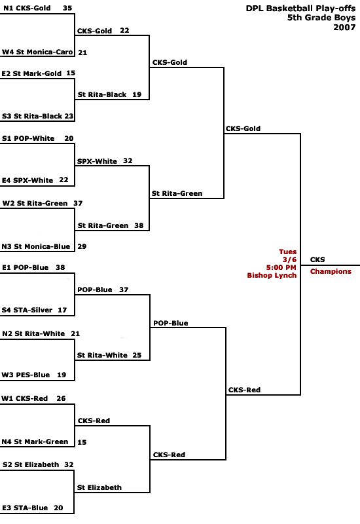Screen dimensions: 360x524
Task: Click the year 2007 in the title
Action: (344, 27)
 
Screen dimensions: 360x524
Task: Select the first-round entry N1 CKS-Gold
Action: (27, 8)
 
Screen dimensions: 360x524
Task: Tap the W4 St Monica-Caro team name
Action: (37, 52)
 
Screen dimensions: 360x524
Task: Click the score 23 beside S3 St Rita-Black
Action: (69, 116)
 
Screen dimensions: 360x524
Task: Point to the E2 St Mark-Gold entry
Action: (31, 73)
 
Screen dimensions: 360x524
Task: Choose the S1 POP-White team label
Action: (28, 138)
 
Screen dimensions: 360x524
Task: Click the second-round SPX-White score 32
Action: (128, 160)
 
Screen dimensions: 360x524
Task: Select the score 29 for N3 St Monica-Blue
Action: (82, 246)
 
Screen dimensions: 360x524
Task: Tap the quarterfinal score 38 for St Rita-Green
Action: (139, 225)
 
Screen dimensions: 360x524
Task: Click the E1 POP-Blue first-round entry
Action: (25, 267)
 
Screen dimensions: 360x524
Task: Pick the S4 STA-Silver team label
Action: (27, 310)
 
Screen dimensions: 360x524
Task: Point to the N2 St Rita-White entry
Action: (33, 333)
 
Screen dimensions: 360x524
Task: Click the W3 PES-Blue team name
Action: (26, 375)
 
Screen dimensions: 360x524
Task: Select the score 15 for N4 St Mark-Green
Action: (82, 442)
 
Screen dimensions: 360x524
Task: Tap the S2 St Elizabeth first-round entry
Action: (31, 464)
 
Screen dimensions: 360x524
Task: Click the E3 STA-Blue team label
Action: (25, 508)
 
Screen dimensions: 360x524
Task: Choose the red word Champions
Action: (331, 271)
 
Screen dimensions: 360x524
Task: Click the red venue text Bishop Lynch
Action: (272, 275)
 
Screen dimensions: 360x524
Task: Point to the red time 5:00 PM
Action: (281, 267)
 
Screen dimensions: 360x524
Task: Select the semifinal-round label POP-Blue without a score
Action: (171, 323)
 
